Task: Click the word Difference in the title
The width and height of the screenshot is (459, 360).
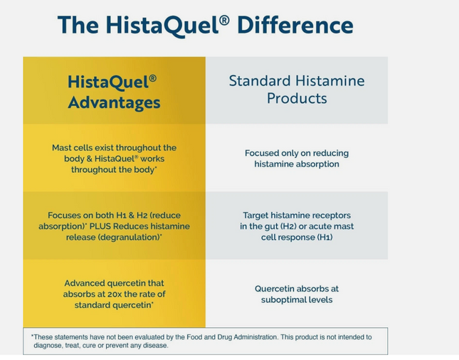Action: click(x=296, y=25)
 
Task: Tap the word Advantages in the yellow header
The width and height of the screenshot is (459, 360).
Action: click(x=114, y=103)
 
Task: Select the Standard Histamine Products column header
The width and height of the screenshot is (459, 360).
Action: click(x=296, y=89)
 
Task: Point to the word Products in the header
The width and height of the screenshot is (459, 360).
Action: click(x=296, y=98)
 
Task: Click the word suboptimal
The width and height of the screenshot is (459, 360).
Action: click(x=278, y=300)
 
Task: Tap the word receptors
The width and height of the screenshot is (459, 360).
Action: click(x=328, y=215)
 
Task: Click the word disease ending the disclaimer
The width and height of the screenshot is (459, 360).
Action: click(x=154, y=345)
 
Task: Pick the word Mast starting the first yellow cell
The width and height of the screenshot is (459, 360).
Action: click(x=62, y=147)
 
